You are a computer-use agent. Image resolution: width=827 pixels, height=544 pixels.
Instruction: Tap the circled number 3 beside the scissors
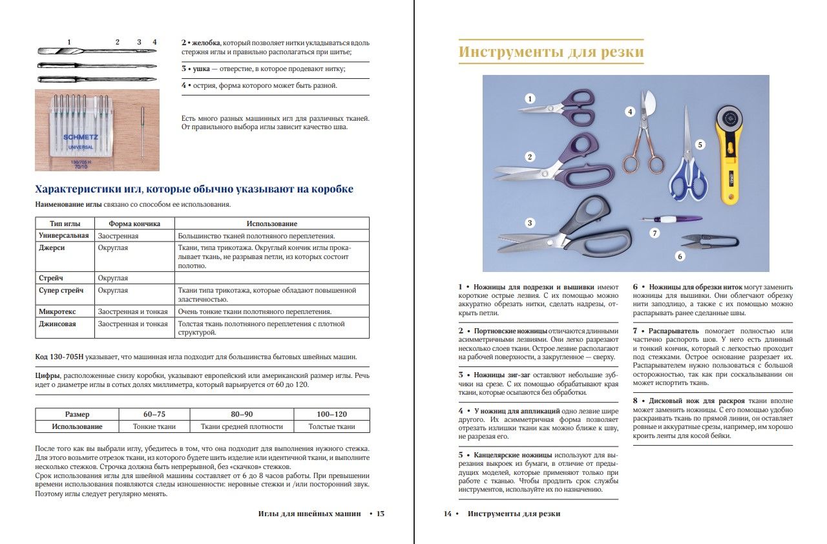pyautogui.click(x=530, y=224)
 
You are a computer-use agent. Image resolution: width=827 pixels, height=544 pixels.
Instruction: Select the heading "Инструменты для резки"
pyautogui.click(x=551, y=52)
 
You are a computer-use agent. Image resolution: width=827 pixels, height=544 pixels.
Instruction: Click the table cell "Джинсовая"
pyautogui.click(x=58, y=324)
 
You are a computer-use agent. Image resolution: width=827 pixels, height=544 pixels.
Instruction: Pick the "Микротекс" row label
pyautogui.click(x=59, y=311)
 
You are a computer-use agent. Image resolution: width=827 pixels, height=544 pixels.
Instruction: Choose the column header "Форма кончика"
pyautogui.click(x=134, y=224)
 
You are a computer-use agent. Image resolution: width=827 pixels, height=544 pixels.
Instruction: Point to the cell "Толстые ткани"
pyautogui.click(x=331, y=426)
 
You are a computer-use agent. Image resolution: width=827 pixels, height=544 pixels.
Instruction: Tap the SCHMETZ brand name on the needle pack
pyautogui.click(x=80, y=138)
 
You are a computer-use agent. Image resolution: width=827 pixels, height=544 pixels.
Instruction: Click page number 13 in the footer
pyautogui.click(x=381, y=514)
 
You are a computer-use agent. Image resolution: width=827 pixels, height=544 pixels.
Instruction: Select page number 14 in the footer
pyautogui.click(x=447, y=514)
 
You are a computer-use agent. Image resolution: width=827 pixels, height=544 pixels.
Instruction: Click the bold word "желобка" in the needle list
pyautogui.click(x=206, y=42)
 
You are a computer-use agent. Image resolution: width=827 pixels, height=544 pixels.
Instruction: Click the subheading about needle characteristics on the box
pyautogui.click(x=194, y=189)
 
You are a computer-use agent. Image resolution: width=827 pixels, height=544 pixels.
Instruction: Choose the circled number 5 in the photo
pyautogui.click(x=699, y=145)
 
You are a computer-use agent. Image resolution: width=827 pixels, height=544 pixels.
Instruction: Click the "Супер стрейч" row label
pyautogui.click(x=61, y=291)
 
